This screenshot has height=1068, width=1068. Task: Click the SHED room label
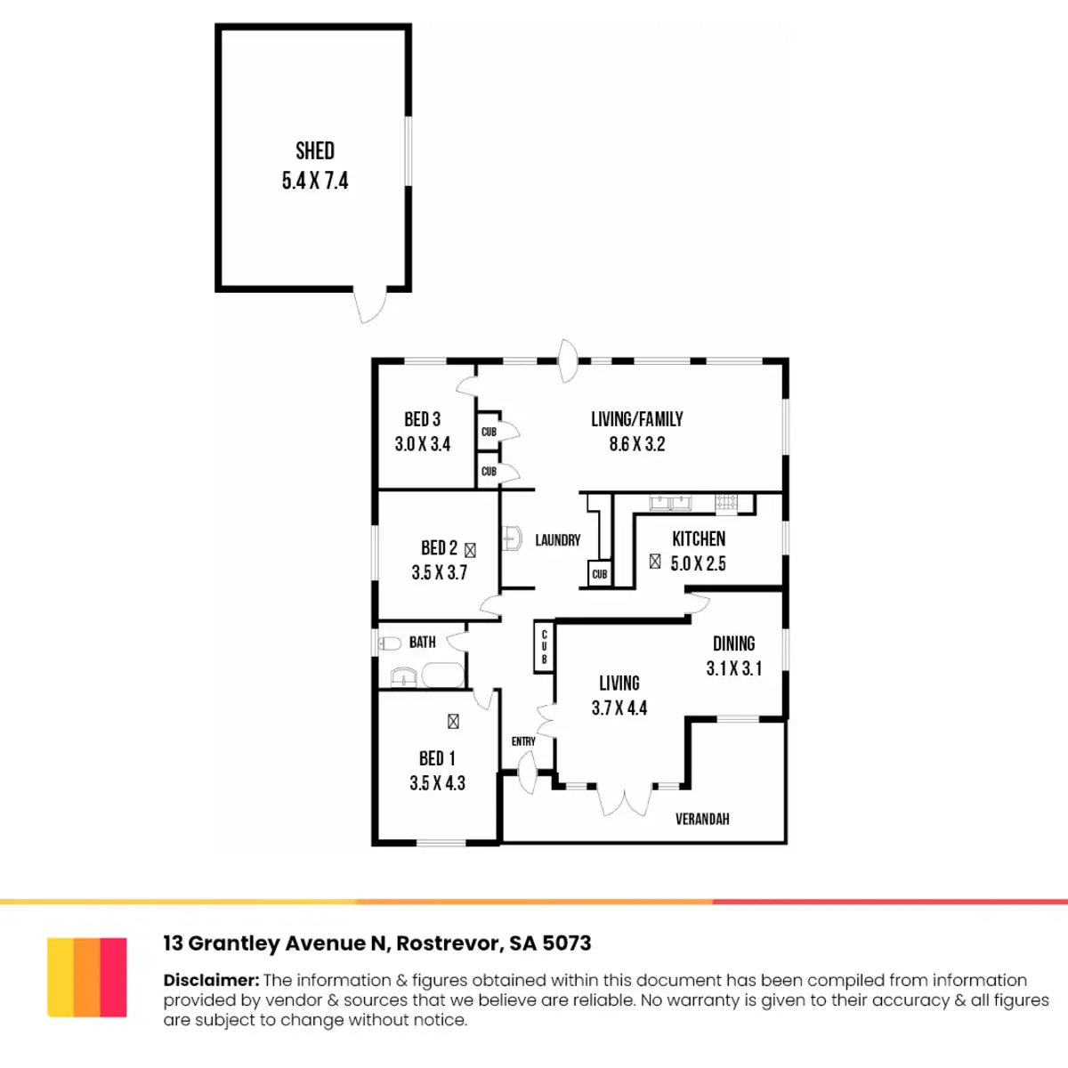coord(315,150)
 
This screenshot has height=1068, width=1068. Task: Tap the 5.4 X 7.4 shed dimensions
coord(315,181)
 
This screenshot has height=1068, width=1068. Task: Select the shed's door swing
coord(370,305)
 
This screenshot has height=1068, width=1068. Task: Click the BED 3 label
coord(422,419)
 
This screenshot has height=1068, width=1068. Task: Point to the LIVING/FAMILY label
coord(637,419)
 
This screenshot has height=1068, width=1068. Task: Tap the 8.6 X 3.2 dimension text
coord(637,444)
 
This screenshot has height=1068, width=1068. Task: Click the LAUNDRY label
coord(558,540)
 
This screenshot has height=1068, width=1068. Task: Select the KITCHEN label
coord(699,538)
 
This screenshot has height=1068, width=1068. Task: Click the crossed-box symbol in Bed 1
coord(453,722)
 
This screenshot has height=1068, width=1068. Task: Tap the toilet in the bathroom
coord(390,643)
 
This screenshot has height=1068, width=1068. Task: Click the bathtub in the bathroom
coord(442,676)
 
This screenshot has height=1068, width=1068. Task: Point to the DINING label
coord(734,643)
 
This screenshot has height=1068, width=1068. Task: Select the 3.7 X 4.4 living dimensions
coord(619,708)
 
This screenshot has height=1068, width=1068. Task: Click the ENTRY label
coord(523,741)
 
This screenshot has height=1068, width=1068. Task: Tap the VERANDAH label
coord(702,819)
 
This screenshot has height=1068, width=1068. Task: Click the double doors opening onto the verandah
coord(625,801)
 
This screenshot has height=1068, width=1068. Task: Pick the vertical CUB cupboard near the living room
coord(545,646)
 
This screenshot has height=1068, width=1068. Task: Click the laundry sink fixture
coord(512,538)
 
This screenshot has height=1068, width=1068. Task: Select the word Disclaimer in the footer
coord(211,980)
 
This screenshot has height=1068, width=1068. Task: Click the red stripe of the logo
coord(114,977)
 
